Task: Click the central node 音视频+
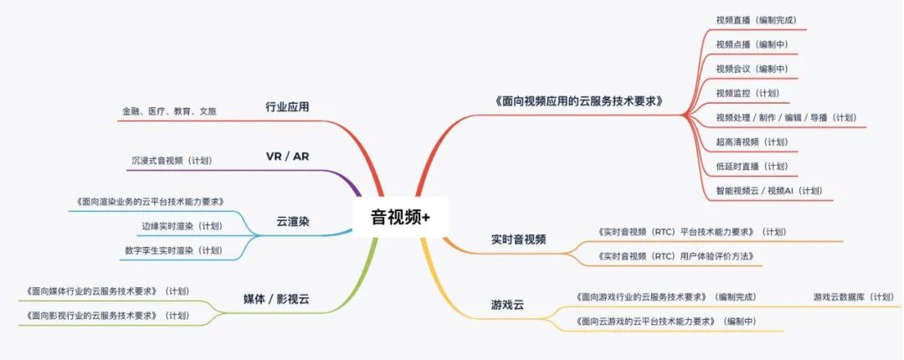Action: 399,217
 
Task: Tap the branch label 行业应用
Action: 287,106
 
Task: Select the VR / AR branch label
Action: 287,157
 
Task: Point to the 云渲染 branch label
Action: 293,221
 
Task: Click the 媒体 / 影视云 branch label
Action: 276,299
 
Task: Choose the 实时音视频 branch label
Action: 519,239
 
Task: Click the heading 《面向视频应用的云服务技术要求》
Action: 578,101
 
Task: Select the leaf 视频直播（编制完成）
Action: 756,20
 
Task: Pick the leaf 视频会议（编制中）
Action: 752,69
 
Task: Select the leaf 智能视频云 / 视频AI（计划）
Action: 769,190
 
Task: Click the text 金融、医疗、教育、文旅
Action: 169,111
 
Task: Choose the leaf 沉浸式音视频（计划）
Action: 172,161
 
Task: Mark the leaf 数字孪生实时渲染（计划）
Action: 173,250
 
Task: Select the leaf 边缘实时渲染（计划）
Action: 182,225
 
